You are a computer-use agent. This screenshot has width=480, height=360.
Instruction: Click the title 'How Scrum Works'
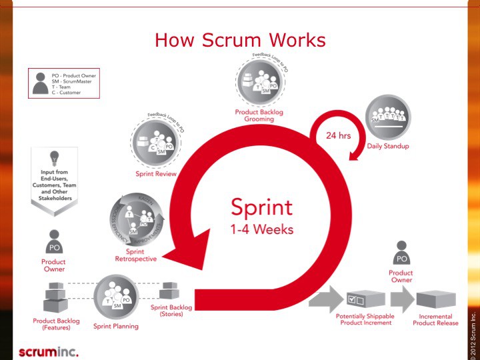coord(240,40)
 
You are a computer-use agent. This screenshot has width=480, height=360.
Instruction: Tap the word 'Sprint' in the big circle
coord(262,207)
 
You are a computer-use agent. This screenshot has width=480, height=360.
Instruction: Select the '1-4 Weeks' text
coord(262,229)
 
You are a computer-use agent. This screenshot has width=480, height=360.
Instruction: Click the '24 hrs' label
coord(339,136)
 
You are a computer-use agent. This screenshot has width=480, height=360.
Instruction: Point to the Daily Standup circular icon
coord(388,117)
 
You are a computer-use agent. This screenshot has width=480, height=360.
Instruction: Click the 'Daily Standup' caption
coord(388,146)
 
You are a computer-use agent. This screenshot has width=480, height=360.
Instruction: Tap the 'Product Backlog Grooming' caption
coord(259,116)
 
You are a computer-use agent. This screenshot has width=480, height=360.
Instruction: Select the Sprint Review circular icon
coord(155,143)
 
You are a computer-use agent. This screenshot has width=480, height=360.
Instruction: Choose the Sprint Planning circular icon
coord(116,297)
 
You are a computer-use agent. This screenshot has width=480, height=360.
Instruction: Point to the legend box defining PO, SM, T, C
coord(63,83)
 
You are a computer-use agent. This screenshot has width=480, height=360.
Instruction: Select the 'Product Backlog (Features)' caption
coord(56,324)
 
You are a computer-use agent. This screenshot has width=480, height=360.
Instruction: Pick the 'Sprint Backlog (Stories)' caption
coord(171,311)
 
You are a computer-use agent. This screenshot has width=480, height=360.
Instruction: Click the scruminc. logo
coord(48,351)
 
